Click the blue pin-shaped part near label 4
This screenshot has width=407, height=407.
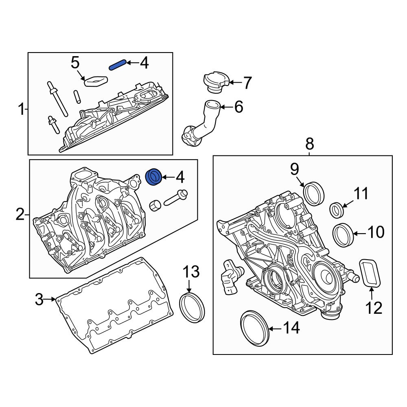click(117, 65)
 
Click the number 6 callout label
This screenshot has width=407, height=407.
click(239, 107)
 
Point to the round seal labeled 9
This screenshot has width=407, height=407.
click(314, 194)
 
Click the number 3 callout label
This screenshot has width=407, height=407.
click(39, 300)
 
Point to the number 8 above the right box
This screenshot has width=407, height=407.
click(310, 143)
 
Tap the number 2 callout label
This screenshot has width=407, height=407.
click(20, 214)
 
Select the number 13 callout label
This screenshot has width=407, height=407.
click(190, 271)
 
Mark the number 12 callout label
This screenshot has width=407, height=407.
click(373, 308)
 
